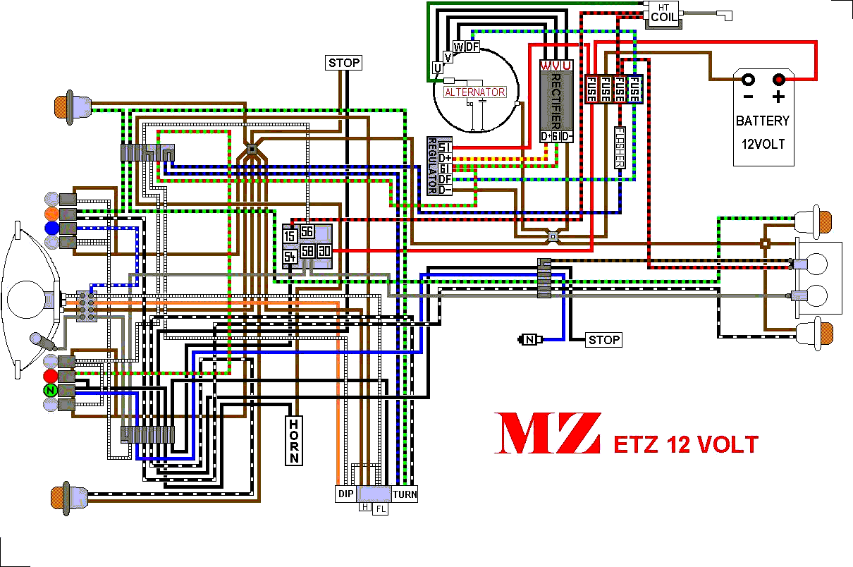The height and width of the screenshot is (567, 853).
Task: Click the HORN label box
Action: tap(294, 441)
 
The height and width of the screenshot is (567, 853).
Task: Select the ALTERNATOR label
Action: tap(474, 92)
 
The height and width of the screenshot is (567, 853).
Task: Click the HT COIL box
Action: tap(663, 15)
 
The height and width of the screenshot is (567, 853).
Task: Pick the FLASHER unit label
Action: tap(620, 147)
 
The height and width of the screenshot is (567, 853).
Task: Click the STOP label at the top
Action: tap(344, 63)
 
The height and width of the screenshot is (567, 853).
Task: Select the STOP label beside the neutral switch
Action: tap(604, 340)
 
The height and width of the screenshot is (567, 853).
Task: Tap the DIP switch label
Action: tap(345, 494)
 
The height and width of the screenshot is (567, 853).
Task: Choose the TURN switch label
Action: tap(405, 494)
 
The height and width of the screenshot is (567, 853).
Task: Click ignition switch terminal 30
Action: tap(324, 251)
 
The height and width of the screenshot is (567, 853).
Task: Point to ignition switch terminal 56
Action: tap(307, 231)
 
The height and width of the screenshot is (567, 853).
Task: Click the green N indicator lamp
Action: tap(50, 390)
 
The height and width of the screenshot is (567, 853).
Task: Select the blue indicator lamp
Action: tap(51, 228)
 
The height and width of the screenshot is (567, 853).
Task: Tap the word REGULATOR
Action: tap(432, 166)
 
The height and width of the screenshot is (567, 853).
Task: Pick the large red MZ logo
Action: tap(547, 433)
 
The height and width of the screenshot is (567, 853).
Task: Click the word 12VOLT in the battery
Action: tap(762, 145)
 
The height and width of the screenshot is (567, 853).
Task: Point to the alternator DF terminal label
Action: tap(472, 47)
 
